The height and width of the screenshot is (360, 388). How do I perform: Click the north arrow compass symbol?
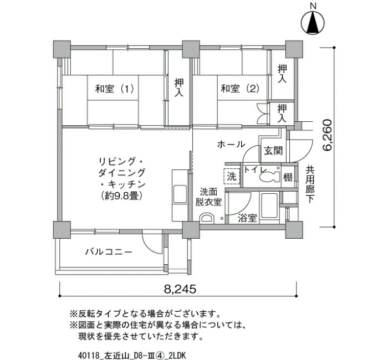click(x=313, y=23)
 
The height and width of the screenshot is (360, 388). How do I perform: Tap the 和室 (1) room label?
click(x=114, y=89)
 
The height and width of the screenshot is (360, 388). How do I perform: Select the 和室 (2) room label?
click(x=240, y=89)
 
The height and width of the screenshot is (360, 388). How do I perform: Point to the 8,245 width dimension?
click(x=180, y=289)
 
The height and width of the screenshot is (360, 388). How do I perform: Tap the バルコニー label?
click(x=109, y=252)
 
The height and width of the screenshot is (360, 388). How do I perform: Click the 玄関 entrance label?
click(x=273, y=151)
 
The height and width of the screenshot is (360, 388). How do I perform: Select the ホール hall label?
click(x=231, y=144)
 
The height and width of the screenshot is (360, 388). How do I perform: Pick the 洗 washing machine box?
click(x=232, y=176)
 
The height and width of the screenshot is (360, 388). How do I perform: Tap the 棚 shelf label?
click(x=288, y=177)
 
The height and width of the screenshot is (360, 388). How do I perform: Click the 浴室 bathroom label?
click(x=247, y=218)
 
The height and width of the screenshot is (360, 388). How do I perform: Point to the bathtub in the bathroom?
click(x=269, y=205)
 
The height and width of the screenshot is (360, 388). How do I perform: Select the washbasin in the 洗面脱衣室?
click(x=206, y=218)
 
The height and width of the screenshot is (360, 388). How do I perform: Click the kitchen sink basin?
click(x=180, y=194)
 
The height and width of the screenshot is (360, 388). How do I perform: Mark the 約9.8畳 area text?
click(x=121, y=196)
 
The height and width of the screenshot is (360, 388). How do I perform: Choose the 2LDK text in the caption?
click(x=177, y=356)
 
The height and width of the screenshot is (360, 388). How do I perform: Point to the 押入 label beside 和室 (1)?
click(x=179, y=88)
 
